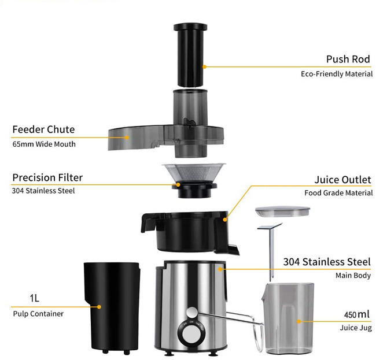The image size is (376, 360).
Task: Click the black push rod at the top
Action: pos(190,55)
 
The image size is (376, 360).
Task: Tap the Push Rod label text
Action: pos(348,59)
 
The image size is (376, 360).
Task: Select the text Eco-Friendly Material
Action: pos(337,74)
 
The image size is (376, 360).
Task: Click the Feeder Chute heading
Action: pos(43,129)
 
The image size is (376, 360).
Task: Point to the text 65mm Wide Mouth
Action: pos(44,144)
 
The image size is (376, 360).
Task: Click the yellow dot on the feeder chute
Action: pos(127,138)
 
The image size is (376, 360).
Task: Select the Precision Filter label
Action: pos(47,178)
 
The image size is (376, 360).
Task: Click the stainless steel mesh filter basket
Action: pos(194,172)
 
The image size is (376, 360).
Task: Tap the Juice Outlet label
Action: pos(342,180)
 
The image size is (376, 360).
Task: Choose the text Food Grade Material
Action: pos(338,193)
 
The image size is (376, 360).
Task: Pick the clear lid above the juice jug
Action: pos(282,211)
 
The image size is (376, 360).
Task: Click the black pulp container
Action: pos(112,307)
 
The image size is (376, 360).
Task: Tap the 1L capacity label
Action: pos(34,298)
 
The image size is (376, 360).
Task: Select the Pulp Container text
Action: pos(38,314)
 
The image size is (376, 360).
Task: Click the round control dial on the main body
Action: pos(191,334)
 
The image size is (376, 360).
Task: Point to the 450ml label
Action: pos(356,314)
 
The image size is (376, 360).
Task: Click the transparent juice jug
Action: pos(287,318)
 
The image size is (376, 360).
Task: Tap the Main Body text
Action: pos(353,276)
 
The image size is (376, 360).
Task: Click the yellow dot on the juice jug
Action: pos(299,321)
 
